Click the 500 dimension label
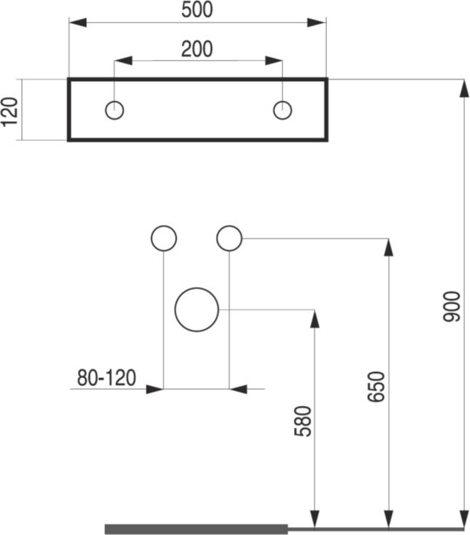point(197,9)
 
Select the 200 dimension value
point(197,49)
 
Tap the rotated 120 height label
point(9,112)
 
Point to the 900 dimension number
point(452,307)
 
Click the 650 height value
point(377,387)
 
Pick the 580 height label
point(303,421)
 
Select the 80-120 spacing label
point(107,377)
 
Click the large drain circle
point(197,288)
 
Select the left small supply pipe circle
point(163,226)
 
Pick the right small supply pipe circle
point(229,226)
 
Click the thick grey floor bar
point(196,529)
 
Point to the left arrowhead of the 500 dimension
point(78,23)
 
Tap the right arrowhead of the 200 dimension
point(274,61)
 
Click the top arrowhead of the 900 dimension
point(464,88)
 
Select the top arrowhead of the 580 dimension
point(315,319)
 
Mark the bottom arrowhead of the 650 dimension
point(389,520)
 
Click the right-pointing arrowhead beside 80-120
point(155,389)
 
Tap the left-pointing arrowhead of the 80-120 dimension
point(238,389)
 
